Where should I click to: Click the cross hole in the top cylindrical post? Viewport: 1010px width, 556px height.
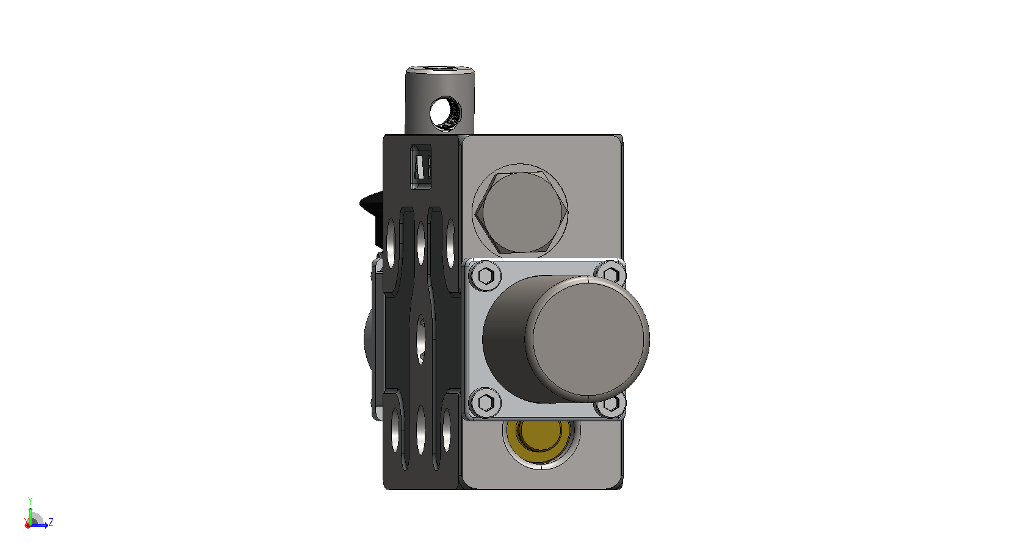point(445,113)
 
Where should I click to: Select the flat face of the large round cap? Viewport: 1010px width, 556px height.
point(588,339)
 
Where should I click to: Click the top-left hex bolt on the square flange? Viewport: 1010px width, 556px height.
point(486,276)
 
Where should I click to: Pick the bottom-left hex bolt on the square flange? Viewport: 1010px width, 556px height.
point(486,402)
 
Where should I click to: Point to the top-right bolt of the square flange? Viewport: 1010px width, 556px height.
point(611,274)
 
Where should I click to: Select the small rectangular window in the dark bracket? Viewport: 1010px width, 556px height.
point(421,166)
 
